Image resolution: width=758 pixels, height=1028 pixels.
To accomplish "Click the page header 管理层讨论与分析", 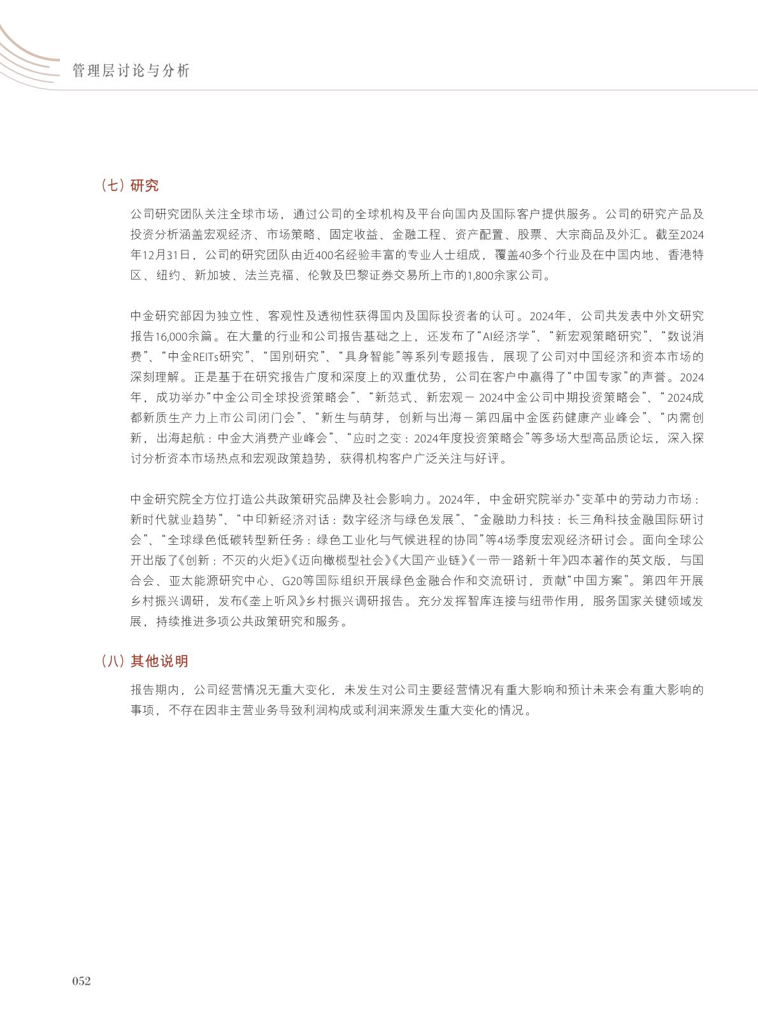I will tap(131, 71).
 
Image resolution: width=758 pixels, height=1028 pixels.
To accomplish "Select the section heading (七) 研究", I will tap(130, 186).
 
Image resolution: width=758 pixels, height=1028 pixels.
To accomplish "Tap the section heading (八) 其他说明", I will tap(145, 661).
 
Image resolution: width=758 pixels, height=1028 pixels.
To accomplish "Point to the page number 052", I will tap(82, 981).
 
